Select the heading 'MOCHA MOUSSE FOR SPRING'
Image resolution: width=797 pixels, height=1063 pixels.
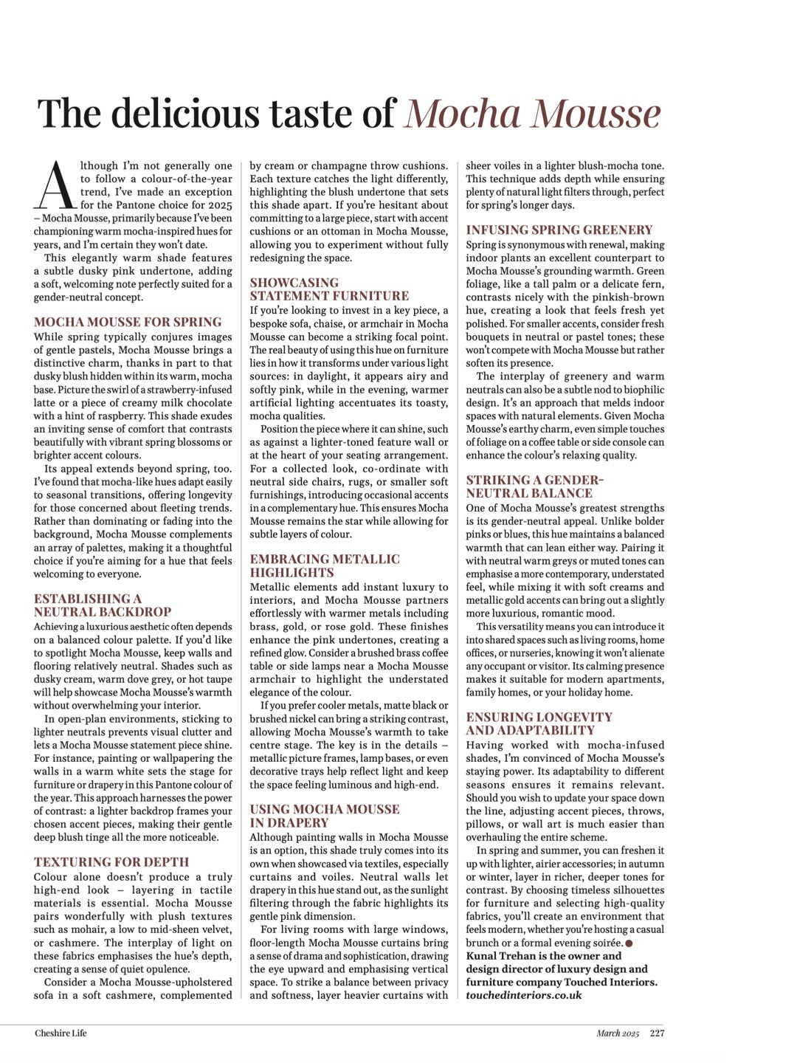(128, 322)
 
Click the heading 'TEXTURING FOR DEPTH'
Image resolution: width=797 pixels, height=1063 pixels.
(111, 862)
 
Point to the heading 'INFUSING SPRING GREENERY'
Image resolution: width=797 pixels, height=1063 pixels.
(559, 230)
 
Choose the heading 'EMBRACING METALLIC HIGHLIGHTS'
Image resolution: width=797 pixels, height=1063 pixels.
(325, 566)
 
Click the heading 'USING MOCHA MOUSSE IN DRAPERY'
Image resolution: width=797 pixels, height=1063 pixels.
(325, 816)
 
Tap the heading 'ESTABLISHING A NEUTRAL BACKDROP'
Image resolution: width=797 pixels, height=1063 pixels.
(102, 605)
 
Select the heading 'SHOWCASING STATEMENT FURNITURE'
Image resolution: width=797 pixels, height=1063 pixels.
(329, 289)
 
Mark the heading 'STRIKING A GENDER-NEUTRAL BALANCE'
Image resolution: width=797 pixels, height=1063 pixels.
(534, 486)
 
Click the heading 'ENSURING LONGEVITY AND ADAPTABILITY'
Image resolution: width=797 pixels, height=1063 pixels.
(539, 723)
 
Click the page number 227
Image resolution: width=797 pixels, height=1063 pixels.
(657, 1033)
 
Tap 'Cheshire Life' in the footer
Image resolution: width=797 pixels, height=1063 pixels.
(61, 1033)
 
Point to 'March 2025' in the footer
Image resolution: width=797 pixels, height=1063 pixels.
(618, 1033)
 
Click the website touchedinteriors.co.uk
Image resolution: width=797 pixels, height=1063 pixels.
(523, 995)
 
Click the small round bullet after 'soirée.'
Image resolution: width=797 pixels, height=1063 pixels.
(629, 943)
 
